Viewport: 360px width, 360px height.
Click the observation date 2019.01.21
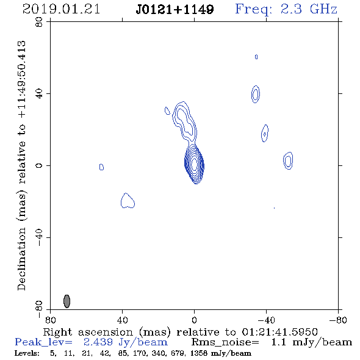[x=61, y=9]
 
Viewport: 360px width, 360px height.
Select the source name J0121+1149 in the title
[x=175, y=9]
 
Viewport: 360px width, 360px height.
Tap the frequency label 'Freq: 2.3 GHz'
[x=286, y=9]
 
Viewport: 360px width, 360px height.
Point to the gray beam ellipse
[x=67, y=301]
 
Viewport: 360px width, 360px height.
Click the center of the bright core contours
[x=194, y=164]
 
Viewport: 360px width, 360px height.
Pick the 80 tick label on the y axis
[x=39, y=22]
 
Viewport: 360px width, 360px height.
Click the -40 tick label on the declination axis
[x=39, y=237]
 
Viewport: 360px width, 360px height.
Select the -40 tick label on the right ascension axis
[x=266, y=320]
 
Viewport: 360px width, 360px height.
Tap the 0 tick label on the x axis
[x=194, y=320]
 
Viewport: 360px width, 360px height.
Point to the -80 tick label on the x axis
[x=338, y=320]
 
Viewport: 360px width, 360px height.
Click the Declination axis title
[x=21, y=165]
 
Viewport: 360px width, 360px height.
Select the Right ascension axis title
[x=180, y=332]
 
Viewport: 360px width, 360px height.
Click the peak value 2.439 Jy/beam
[x=126, y=342]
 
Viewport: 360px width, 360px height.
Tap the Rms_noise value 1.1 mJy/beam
[x=311, y=342]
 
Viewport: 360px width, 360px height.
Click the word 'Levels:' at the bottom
[x=27, y=353]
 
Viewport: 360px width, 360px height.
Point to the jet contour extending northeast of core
[x=184, y=121]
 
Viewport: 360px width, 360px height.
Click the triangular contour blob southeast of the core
[x=127, y=201]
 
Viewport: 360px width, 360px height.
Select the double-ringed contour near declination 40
[x=256, y=94]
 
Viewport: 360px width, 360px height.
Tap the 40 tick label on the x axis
[x=122, y=320]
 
